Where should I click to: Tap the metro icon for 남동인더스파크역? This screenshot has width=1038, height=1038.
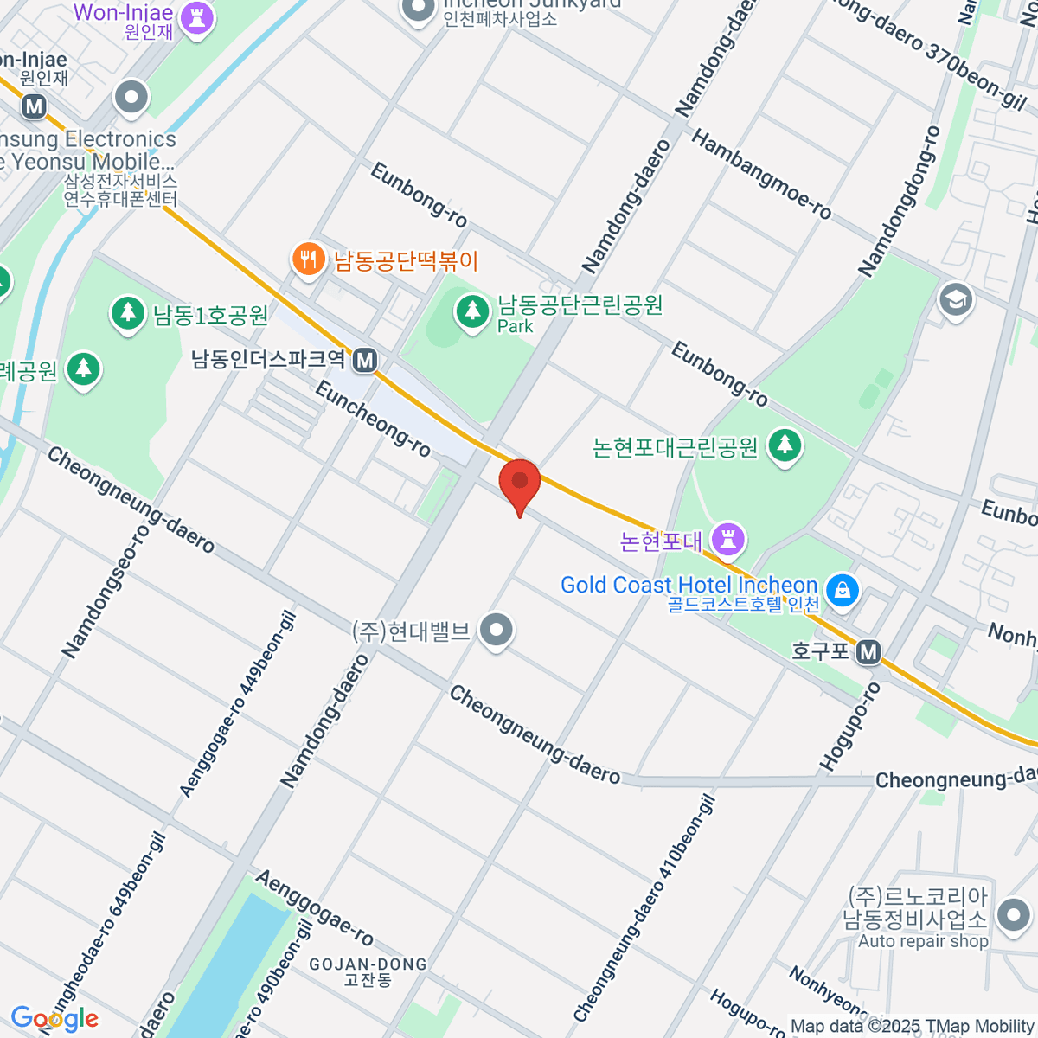pyautogui.click(x=365, y=359)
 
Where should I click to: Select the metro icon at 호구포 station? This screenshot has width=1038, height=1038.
pyautogui.click(x=868, y=652)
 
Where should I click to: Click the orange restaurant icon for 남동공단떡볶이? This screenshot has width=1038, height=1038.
pyautogui.click(x=307, y=259)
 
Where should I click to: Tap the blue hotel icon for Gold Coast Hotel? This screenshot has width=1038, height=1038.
pyautogui.click(x=841, y=590)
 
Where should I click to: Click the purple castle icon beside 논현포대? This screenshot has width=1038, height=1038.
pyautogui.click(x=728, y=540)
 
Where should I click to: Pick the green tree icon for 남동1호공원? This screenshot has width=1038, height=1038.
pyautogui.click(x=128, y=313)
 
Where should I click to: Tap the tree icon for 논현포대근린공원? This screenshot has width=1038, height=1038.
pyautogui.click(x=785, y=445)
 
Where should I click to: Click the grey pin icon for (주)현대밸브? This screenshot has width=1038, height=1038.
pyautogui.click(x=497, y=631)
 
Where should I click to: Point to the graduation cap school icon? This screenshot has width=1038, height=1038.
pyautogui.click(x=955, y=300)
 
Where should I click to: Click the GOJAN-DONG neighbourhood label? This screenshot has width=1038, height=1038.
pyautogui.click(x=368, y=964)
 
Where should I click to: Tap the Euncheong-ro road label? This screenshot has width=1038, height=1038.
pyautogui.click(x=373, y=419)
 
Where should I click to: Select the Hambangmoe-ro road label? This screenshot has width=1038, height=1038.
pyautogui.click(x=761, y=175)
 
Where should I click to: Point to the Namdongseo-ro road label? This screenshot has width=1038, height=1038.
pyautogui.click(x=106, y=590)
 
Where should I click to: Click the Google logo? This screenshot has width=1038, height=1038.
pyautogui.click(x=54, y=1018)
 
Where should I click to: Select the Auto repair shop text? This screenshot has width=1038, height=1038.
pyautogui.click(x=923, y=941)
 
